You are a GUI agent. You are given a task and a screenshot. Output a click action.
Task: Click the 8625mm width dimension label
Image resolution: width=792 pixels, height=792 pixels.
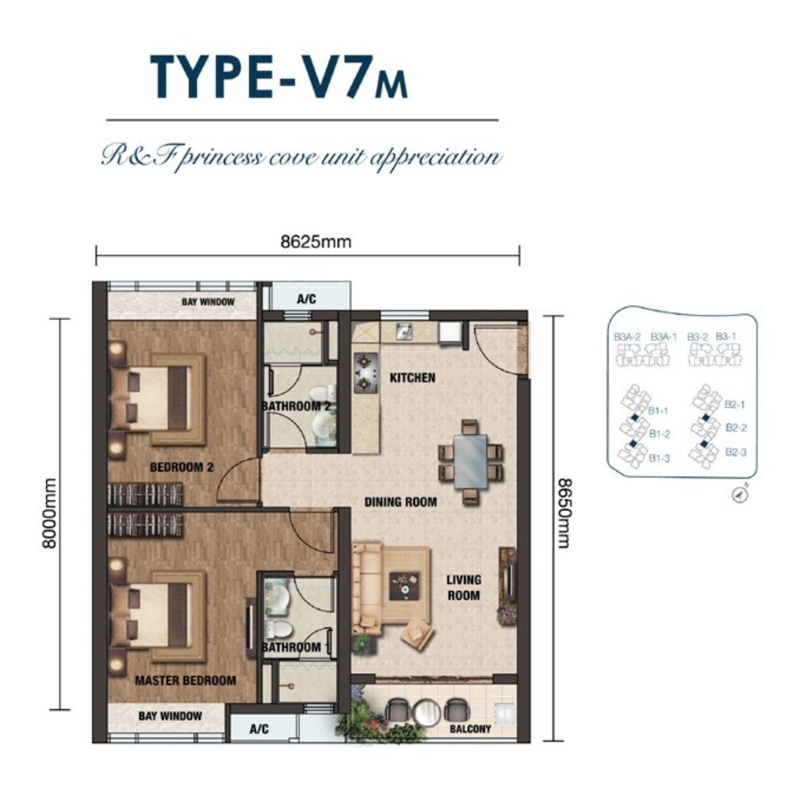[x=315, y=242]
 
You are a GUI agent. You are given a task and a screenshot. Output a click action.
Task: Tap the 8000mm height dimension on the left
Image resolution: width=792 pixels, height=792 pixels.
[x=50, y=513]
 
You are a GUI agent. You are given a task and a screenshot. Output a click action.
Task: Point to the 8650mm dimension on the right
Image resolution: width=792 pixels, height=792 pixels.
[x=564, y=513]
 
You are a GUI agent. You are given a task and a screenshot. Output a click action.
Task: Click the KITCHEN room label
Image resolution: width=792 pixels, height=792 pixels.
[x=412, y=378]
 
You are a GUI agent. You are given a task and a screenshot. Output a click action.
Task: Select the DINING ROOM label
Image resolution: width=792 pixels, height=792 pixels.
[x=400, y=502]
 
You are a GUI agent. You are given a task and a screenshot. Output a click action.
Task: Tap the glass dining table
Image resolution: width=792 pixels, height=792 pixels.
[x=470, y=461]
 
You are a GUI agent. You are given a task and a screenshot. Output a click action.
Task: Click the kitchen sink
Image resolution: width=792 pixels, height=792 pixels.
[x=403, y=332]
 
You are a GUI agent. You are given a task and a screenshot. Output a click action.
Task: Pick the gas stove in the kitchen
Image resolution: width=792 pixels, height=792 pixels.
[x=365, y=373]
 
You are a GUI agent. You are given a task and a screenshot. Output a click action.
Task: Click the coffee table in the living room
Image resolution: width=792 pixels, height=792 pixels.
[x=404, y=586]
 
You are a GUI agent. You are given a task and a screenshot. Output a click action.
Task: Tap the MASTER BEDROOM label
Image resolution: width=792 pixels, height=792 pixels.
[x=186, y=681]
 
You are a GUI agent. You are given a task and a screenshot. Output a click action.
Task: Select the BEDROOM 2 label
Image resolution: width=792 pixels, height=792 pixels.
[x=182, y=467]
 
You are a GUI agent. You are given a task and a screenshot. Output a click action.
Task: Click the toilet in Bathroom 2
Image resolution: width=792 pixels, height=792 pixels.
[x=323, y=395]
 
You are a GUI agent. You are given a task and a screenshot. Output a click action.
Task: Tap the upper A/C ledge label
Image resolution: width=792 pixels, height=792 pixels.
[x=306, y=299]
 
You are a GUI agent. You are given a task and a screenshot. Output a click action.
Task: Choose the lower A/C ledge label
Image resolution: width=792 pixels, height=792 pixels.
[x=259, y=729]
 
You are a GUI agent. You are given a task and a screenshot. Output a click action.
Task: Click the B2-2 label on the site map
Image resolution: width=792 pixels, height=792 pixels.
[x=736, y=428]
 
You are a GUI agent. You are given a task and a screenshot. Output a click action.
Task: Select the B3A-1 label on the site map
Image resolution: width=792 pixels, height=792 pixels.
[x=663, y=337]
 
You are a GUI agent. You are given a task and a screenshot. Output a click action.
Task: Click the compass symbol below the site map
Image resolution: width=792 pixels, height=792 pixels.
[x=741, y=495]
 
